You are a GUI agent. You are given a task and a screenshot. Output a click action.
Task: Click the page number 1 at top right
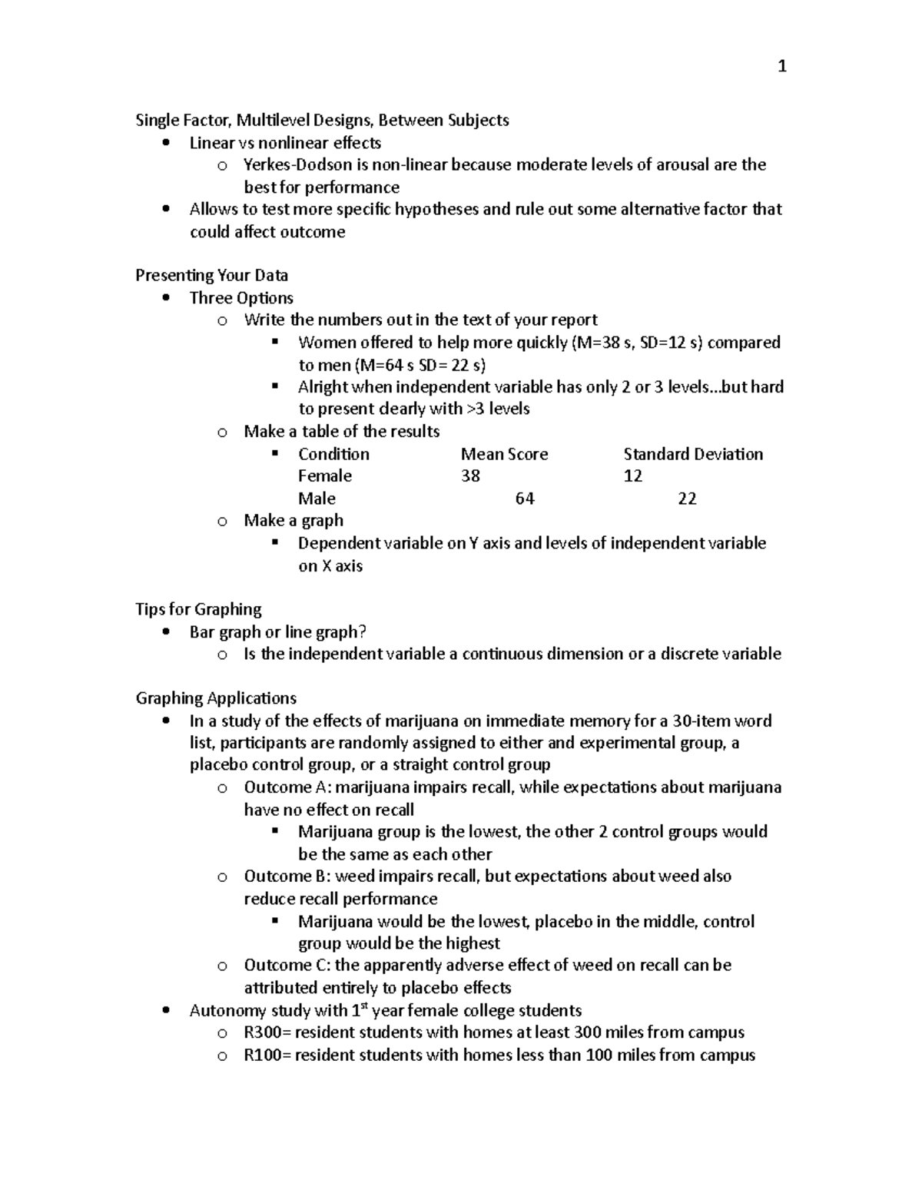[782, 67]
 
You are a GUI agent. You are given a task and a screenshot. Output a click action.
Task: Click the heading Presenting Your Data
[211, 275]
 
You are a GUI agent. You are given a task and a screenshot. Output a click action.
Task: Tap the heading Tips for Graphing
[198, 609]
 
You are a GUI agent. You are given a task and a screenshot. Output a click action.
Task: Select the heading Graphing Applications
[216, 698]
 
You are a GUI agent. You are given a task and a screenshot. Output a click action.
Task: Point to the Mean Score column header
[504, 454]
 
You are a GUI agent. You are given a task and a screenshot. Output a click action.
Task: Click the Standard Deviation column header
[693, 454]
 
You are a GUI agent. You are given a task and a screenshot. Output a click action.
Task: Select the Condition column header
[333, 454]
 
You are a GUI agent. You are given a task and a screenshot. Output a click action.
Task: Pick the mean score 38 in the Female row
[470, 476]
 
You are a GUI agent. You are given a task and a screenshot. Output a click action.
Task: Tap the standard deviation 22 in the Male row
[687, 499]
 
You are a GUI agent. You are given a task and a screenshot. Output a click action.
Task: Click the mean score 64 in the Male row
[525, 499]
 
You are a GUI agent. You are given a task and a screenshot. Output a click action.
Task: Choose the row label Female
[324, 476]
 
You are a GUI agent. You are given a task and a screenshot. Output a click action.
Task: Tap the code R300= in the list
[267, 1032]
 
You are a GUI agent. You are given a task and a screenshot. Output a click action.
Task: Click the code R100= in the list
[267, 1055]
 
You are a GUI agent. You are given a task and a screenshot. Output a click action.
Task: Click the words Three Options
[241, 298]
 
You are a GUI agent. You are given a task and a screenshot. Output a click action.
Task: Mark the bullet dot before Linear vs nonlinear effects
[165, 143]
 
